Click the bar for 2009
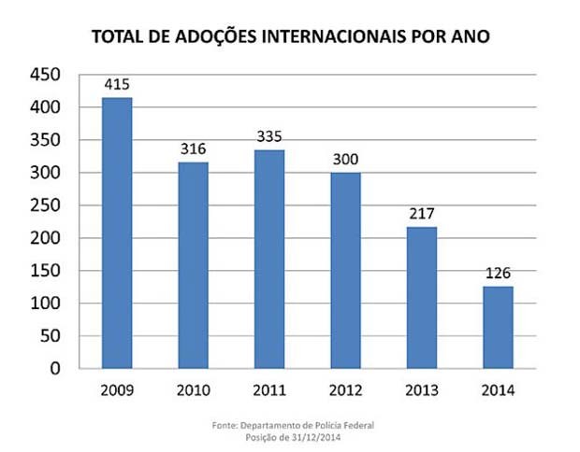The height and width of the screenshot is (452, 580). click(117, 233)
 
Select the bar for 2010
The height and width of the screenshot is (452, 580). click(194, 265)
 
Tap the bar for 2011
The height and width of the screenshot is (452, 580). click(269, 259)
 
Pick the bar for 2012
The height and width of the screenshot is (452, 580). click(345, 271)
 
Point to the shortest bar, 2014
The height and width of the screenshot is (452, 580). click(498, 327)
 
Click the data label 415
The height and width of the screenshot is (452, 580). click(117, 85)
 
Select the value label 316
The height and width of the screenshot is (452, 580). click(194, 149)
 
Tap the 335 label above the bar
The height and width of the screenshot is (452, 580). click(269, 137)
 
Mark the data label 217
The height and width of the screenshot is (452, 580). click(422, 214)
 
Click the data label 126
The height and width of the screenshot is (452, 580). click(498, 274)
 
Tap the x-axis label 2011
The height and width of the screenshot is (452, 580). click(269, 389)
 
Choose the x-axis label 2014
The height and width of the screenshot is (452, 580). click(498, 389)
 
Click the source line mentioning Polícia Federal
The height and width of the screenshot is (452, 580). click(294, 425)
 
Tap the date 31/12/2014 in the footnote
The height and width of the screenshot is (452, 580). click(318, 436)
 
